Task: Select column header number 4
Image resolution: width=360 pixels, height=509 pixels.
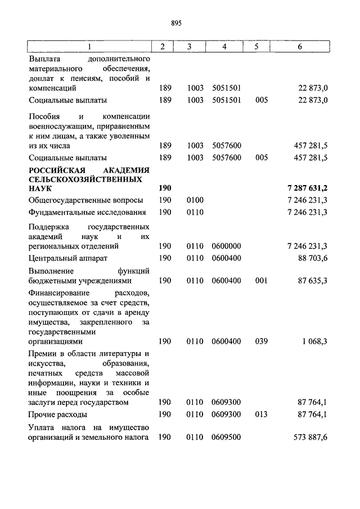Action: click(224, 47)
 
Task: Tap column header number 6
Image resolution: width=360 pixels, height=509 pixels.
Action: click(300, 47)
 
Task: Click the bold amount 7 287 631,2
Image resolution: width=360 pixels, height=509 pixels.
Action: click(307, 188)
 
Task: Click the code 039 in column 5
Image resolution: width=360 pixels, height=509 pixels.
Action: click(260, 341)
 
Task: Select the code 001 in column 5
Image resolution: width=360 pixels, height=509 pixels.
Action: click(260, 280)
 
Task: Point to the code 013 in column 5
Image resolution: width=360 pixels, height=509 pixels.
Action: click(260, 415)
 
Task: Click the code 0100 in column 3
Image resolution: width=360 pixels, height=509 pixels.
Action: click(195, 200)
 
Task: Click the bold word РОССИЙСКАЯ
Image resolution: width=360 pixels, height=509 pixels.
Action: click(57, 170)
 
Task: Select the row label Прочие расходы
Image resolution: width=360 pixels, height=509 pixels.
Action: click(58, 415)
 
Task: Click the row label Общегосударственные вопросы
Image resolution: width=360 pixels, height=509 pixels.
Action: click(85, 200)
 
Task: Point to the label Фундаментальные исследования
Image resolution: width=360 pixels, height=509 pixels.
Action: click(87, 212)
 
